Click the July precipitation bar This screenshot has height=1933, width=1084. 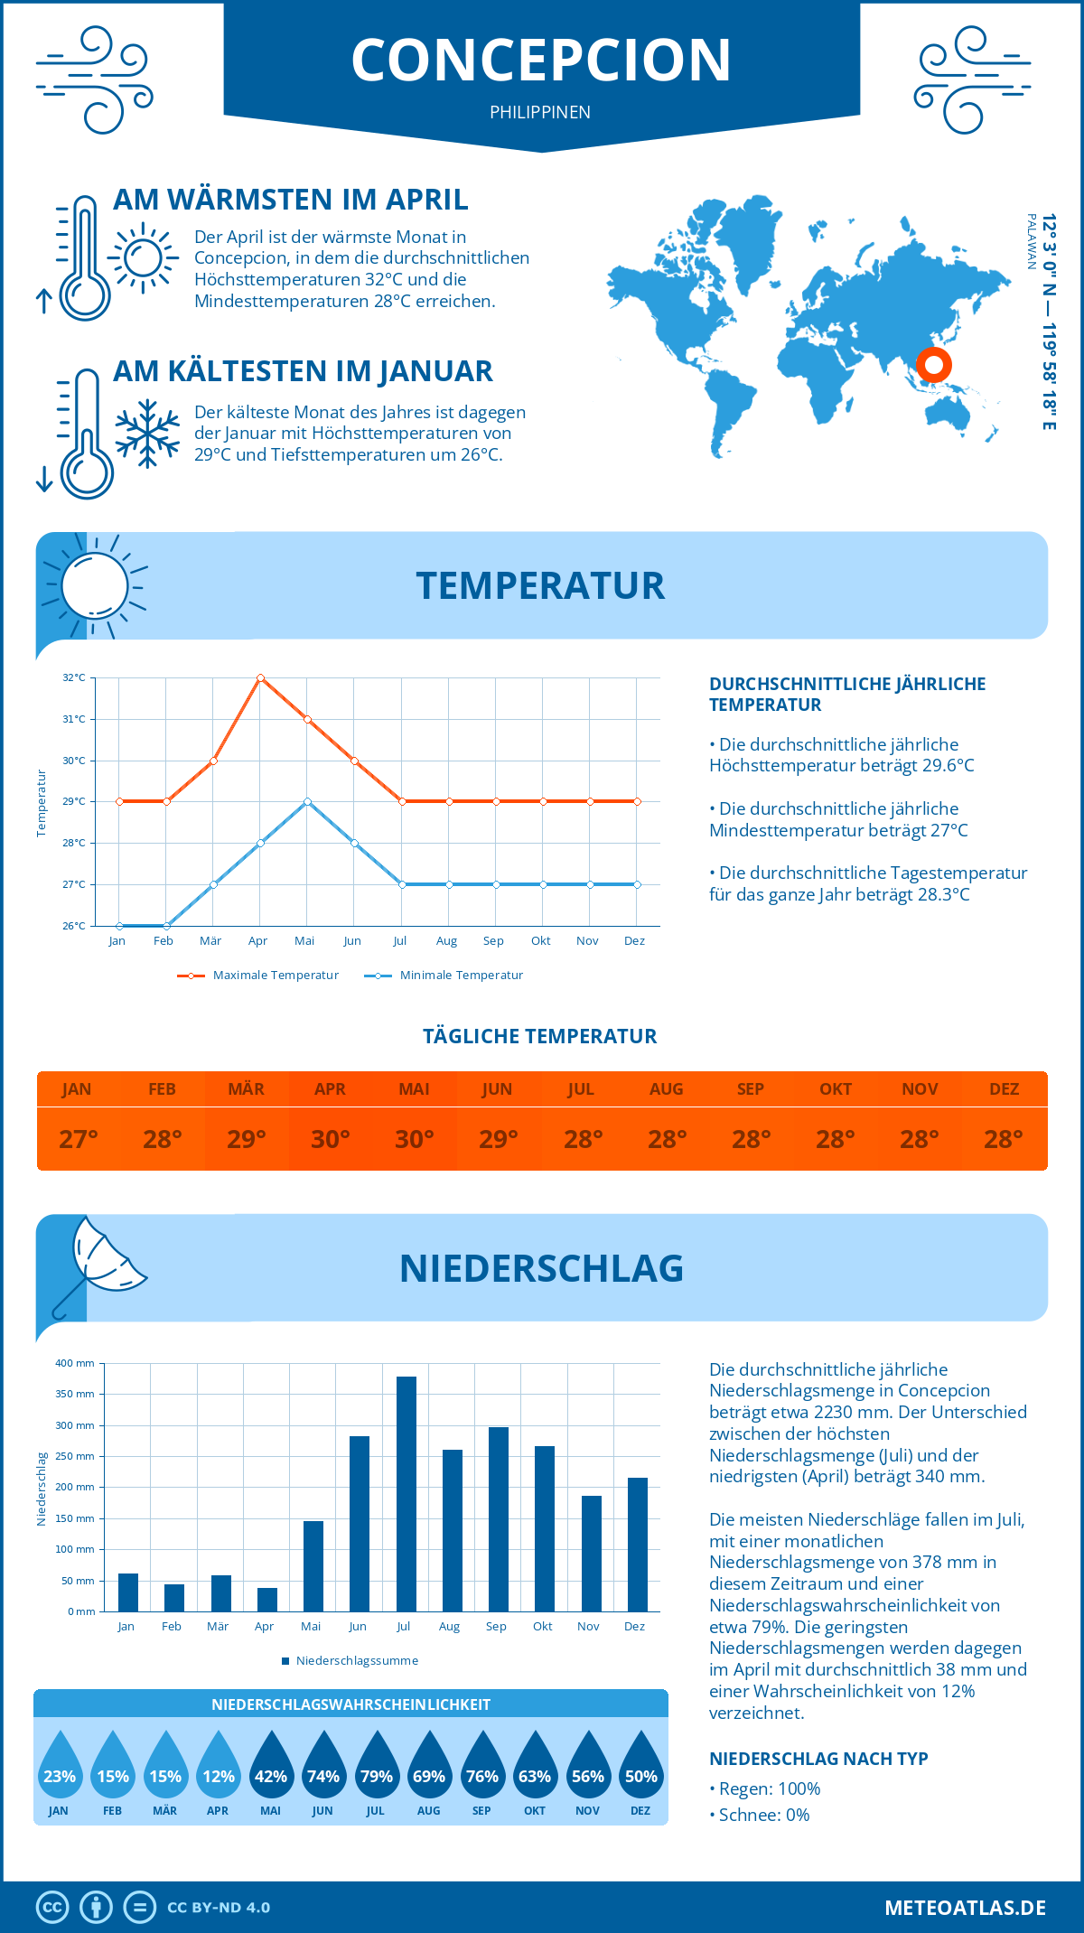pos(406,1494)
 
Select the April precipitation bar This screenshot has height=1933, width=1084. pos(267,1600)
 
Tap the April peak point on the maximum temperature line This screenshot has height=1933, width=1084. pos(260,677)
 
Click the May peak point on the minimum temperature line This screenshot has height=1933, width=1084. pos(307,801)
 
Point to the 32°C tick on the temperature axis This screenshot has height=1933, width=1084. pos(74,677)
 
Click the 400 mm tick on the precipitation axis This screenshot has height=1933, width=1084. pos(75,1363)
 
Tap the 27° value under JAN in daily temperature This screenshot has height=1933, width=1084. pos(78,1139)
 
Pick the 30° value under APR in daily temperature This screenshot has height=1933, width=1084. pos(330,1139)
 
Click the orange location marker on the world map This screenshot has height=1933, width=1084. pos(933,365)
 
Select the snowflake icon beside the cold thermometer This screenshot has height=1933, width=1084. pos(147,434)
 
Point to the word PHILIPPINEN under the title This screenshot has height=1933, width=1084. pos(540,112)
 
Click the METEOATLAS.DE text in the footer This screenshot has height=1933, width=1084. pos(965,1908)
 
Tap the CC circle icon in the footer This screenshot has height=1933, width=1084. pos(52,1908)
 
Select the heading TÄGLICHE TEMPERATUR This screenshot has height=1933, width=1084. pos(540,1036)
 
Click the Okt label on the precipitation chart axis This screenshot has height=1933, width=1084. pos(542,1627)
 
